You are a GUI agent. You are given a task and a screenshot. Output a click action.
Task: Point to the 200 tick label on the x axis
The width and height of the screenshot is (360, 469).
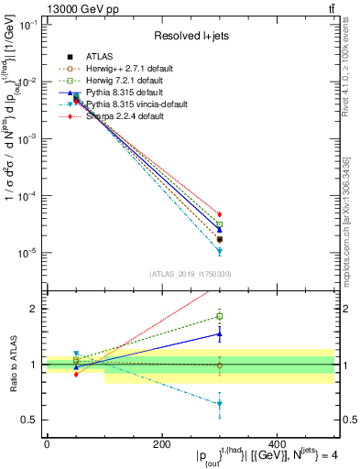pos(161,444)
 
